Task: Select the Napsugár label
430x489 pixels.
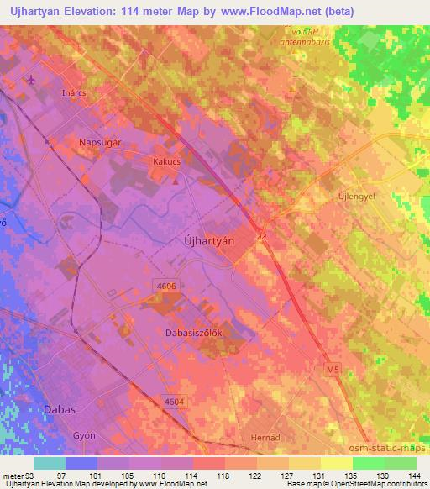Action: click(x=100, y=142)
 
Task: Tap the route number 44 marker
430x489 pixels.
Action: click(x=262, y=237)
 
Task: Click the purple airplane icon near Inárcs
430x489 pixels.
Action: click(x=32, y=81)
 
